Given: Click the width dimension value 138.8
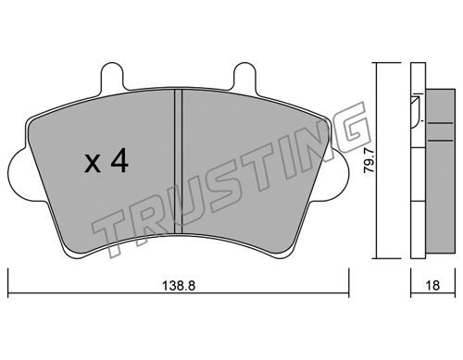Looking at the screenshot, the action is coord(179,286).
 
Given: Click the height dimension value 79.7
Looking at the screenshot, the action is coord(369,161).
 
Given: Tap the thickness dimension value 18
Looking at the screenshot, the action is coord(433,285).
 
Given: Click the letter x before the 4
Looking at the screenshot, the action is coord(93,164).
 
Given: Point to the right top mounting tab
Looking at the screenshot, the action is coord(245,77).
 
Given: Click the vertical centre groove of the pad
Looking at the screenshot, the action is coord(179,161).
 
